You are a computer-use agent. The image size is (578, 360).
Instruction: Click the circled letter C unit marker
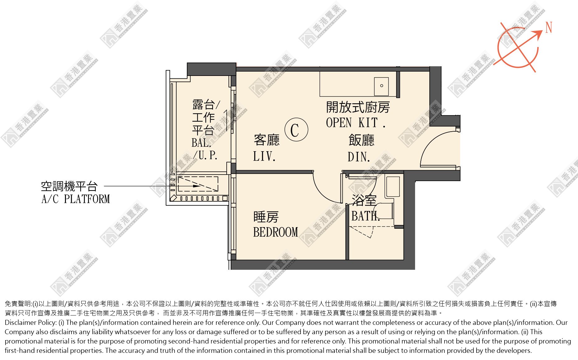[296, 129]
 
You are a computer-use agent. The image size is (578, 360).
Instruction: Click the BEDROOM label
[275, 232]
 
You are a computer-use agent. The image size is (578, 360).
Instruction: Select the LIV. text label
[264, 156]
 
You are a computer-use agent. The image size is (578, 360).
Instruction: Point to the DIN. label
[359, 157]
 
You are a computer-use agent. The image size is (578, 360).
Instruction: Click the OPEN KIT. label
[356, 123]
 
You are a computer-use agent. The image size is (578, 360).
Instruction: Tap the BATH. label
[366, 216]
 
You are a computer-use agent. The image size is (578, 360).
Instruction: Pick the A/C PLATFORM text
[76, 199]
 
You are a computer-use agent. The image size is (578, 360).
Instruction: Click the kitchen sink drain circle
[382, 86]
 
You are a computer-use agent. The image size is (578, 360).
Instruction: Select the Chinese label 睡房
[266, 217]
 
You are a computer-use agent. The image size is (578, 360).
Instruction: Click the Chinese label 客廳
[267, 140]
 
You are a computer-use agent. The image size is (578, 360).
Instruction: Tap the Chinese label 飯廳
[362, 140]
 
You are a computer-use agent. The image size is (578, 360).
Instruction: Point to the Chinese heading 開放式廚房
[358, 107]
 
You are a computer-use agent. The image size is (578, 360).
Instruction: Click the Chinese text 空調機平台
[70, 186]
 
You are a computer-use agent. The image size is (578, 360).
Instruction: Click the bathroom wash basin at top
[393, 187]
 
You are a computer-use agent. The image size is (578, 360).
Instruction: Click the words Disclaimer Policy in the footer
[30, 323]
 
